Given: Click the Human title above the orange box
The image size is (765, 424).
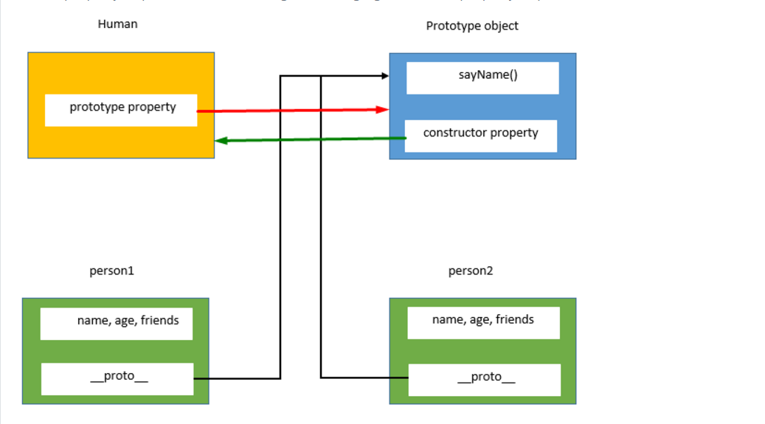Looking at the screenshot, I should [x=117, y=24].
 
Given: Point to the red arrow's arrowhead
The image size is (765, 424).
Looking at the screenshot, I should [x=384, y=110].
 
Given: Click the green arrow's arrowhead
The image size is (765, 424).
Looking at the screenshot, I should [x=220, y=140].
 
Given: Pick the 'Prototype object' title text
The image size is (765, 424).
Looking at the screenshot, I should [x=472, y=26].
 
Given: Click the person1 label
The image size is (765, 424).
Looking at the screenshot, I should [x=112, y=271].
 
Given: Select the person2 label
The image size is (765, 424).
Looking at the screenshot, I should [x=471, y=271].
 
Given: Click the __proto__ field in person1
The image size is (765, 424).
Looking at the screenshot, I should [x=117, y=378].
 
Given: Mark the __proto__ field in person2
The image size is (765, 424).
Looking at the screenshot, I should [x=485, y=379].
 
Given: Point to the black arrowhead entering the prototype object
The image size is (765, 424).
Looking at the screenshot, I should [x=384, y=76].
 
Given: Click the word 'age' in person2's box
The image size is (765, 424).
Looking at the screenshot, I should [x=480, y=320].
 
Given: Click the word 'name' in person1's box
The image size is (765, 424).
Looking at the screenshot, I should [x=92, y=321].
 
